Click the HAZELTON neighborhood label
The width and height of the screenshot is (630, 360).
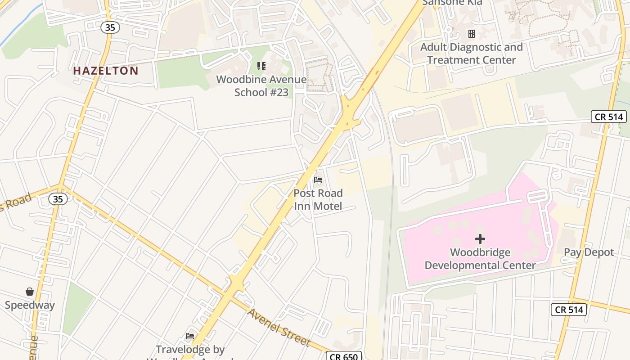[x=106, y=71]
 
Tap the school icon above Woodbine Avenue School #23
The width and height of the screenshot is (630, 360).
[x=261, y=66]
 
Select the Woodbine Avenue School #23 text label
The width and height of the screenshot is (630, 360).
[x=261, y=86]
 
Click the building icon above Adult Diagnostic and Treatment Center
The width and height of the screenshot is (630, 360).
[x=471, y=34]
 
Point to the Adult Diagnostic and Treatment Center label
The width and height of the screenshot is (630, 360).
[x=471, y=54]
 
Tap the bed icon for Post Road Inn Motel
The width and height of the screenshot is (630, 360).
[x=318, y=180]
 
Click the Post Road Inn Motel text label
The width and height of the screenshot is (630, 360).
[x=318, y=200]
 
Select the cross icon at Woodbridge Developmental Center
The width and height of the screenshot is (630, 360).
[x=480, y=239]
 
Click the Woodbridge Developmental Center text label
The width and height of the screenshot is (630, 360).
[x=480, y=259]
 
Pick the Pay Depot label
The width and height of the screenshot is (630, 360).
[x=589, y=252]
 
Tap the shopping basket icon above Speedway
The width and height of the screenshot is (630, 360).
[x=30, y=292]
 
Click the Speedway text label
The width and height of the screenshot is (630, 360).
[x=30, y=305]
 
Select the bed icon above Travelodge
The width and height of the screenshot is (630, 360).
[x=190, y=336]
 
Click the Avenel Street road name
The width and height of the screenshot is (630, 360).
[x=279, y=328]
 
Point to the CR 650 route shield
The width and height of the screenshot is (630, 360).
[x=343, y=356]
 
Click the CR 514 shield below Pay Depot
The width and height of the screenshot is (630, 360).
[x=569, y=310]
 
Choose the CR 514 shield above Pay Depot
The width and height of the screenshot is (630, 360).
[x=609, y=117]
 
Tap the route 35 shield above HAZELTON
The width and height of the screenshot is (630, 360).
[x=110, y=27]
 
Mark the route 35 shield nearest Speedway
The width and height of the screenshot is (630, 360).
[x=58, y=198]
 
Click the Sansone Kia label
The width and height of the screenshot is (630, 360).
[x=452, y=3]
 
